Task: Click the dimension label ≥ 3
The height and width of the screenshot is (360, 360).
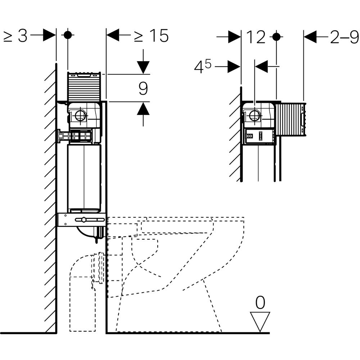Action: click(15, 36)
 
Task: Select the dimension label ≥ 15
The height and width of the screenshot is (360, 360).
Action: click(152, 36)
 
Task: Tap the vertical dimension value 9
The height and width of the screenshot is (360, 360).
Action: click(143, 89)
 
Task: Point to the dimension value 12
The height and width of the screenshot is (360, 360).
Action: click(256, 37)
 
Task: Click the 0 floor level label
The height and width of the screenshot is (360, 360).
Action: click(260, 303)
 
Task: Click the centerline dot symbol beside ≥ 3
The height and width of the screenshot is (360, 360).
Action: click(68, 35)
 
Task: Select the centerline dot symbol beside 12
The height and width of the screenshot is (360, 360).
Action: click(276, 36)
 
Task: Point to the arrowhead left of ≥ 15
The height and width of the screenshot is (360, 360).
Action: click(113, 35)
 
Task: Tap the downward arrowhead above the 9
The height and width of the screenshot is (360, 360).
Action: click(143, 67)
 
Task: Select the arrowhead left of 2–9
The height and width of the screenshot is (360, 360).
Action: click(310, 36)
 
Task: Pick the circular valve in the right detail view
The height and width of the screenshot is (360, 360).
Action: click(255, 116)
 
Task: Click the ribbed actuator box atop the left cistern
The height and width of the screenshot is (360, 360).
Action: click(84, 86)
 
